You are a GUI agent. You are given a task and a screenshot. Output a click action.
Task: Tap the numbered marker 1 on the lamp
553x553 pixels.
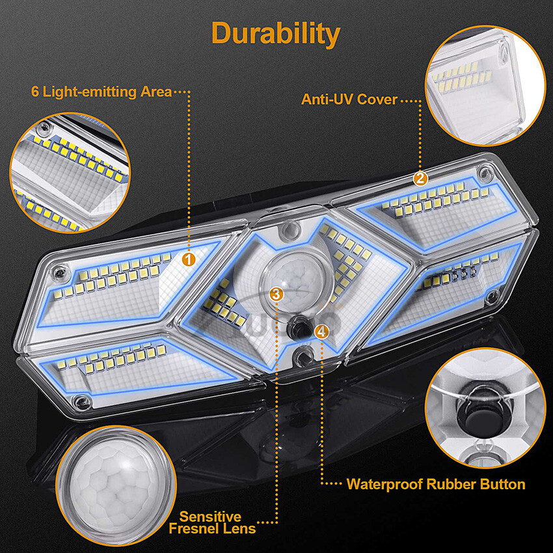(x=189, y=260)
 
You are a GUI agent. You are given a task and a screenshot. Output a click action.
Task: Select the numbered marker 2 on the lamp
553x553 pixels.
(x=420, y=179)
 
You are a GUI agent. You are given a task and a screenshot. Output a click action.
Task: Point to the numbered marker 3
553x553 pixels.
(x=276, y=294)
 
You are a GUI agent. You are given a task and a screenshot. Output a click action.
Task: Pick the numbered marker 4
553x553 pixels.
(x=321, y=331)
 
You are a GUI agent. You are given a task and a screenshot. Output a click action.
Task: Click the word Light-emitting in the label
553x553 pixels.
(x=90, y=92)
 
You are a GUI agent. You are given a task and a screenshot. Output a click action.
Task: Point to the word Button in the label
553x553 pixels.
(x=502, y=484)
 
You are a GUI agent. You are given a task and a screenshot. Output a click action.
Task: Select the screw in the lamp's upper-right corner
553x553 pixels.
(x=485, y=173)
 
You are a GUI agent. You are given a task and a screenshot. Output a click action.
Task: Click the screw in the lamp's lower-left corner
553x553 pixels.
(x=81, y=401)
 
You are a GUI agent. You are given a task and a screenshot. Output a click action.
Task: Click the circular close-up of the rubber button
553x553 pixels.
(x=485, y=408)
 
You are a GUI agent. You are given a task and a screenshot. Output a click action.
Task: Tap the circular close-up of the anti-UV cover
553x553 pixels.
(x=485, y=85)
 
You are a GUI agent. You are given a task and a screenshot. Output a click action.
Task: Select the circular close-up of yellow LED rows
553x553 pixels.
(x=70, y=172)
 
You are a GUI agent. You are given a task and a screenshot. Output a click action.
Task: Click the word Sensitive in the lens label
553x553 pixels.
(x=211, y=517)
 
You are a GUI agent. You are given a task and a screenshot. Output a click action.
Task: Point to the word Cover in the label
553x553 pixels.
(x=377, y=100)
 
